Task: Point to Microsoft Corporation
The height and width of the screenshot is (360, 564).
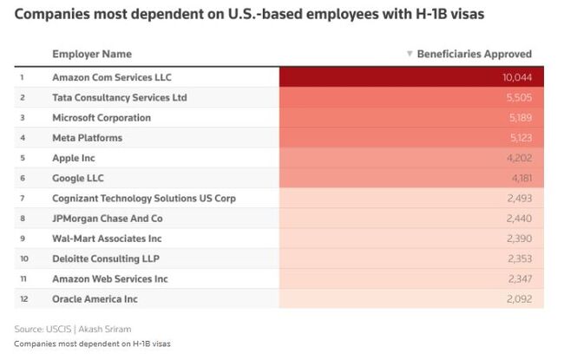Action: tap(102, 118)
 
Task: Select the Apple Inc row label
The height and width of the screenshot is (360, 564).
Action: tap(74, 158)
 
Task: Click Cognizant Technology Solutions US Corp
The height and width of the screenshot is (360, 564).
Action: tap(144, 198)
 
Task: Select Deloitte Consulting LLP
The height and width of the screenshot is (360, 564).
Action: tap(106, 259)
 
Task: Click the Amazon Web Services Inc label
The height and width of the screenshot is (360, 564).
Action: tap(110, 278)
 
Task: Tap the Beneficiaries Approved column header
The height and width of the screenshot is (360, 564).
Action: tap(475, 54)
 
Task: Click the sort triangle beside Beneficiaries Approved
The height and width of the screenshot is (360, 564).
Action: tap(410, 54)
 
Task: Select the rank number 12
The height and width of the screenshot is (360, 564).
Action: tap(23, 299)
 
